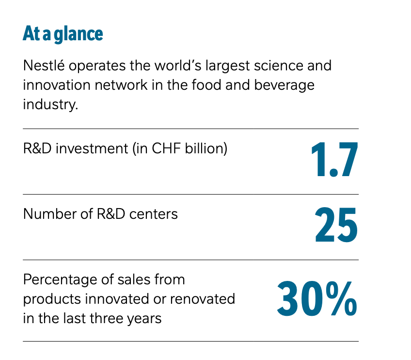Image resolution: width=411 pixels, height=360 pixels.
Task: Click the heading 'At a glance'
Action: click(x=63, y=34)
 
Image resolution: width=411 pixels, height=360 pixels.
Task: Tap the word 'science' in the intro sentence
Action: click(x=275, y=65)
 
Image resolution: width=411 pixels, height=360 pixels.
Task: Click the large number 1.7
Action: click(x=334, y=160)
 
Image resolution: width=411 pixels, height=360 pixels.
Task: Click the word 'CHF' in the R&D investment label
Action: click(x=165, y=148)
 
